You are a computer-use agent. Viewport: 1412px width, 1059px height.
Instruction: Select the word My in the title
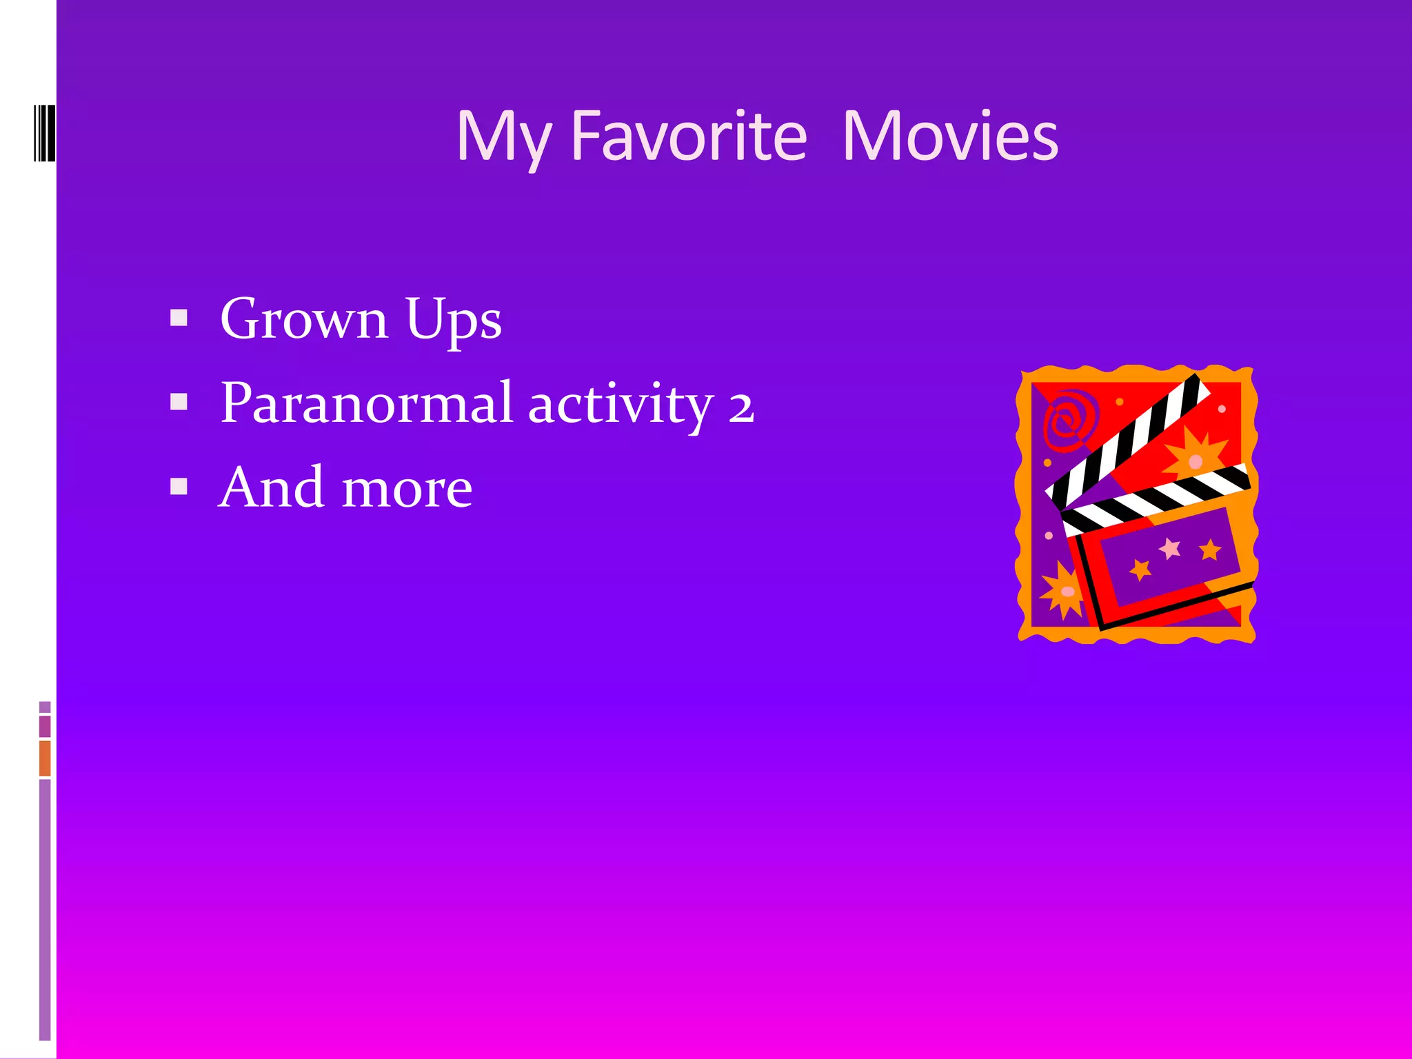coord(503,138)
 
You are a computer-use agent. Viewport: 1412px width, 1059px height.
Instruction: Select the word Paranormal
coord(366,403)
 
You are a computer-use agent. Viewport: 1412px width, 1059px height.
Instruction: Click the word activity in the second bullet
coord(620,404)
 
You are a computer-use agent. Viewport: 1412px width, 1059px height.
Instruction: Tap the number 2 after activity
coord(741,407)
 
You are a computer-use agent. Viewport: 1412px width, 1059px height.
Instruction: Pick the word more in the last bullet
coord(407,488)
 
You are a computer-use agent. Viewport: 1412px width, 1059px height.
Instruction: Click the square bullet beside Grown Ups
coord(179,317)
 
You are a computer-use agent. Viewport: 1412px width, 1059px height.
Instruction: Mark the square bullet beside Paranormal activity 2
coord(179,401)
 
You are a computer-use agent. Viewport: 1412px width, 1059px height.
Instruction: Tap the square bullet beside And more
coord(179,487)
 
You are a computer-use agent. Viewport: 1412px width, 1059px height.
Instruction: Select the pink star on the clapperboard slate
coord(1170,549)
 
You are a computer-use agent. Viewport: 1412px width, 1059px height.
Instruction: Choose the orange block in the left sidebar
coord(45,758)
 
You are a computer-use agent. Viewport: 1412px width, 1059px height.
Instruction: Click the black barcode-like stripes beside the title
coord(44,133)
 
